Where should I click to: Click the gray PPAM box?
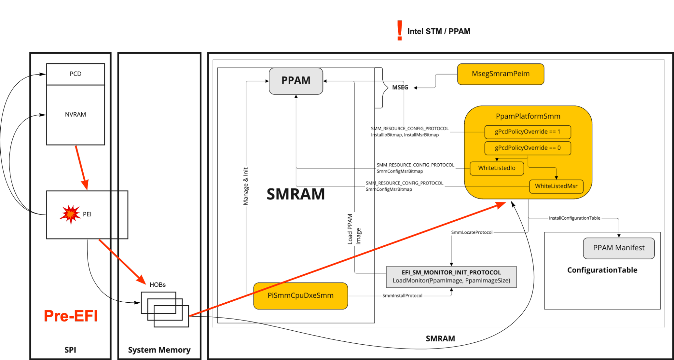(296, 81)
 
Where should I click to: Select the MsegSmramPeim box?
(500, 74)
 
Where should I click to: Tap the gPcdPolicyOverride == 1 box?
(527, 132)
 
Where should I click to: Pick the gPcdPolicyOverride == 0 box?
(527, 148)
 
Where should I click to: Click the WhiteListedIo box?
(497, 168)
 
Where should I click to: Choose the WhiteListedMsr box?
(556, 186)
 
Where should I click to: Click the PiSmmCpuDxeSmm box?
(300, 296)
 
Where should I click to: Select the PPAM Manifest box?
(619, 248)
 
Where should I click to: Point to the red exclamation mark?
(400, 30)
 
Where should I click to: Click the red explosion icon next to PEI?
(70, 214)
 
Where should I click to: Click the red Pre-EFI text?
(71, 316)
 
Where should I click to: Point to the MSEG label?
(400, 87)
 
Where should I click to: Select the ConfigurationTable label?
(602, 270)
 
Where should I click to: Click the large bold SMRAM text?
(296, 194)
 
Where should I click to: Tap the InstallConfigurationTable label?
(574, 218)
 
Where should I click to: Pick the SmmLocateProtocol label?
(472, 232)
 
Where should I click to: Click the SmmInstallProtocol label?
(402, 296)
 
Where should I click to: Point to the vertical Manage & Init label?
(246, 186)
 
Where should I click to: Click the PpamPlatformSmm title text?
(528, 116)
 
